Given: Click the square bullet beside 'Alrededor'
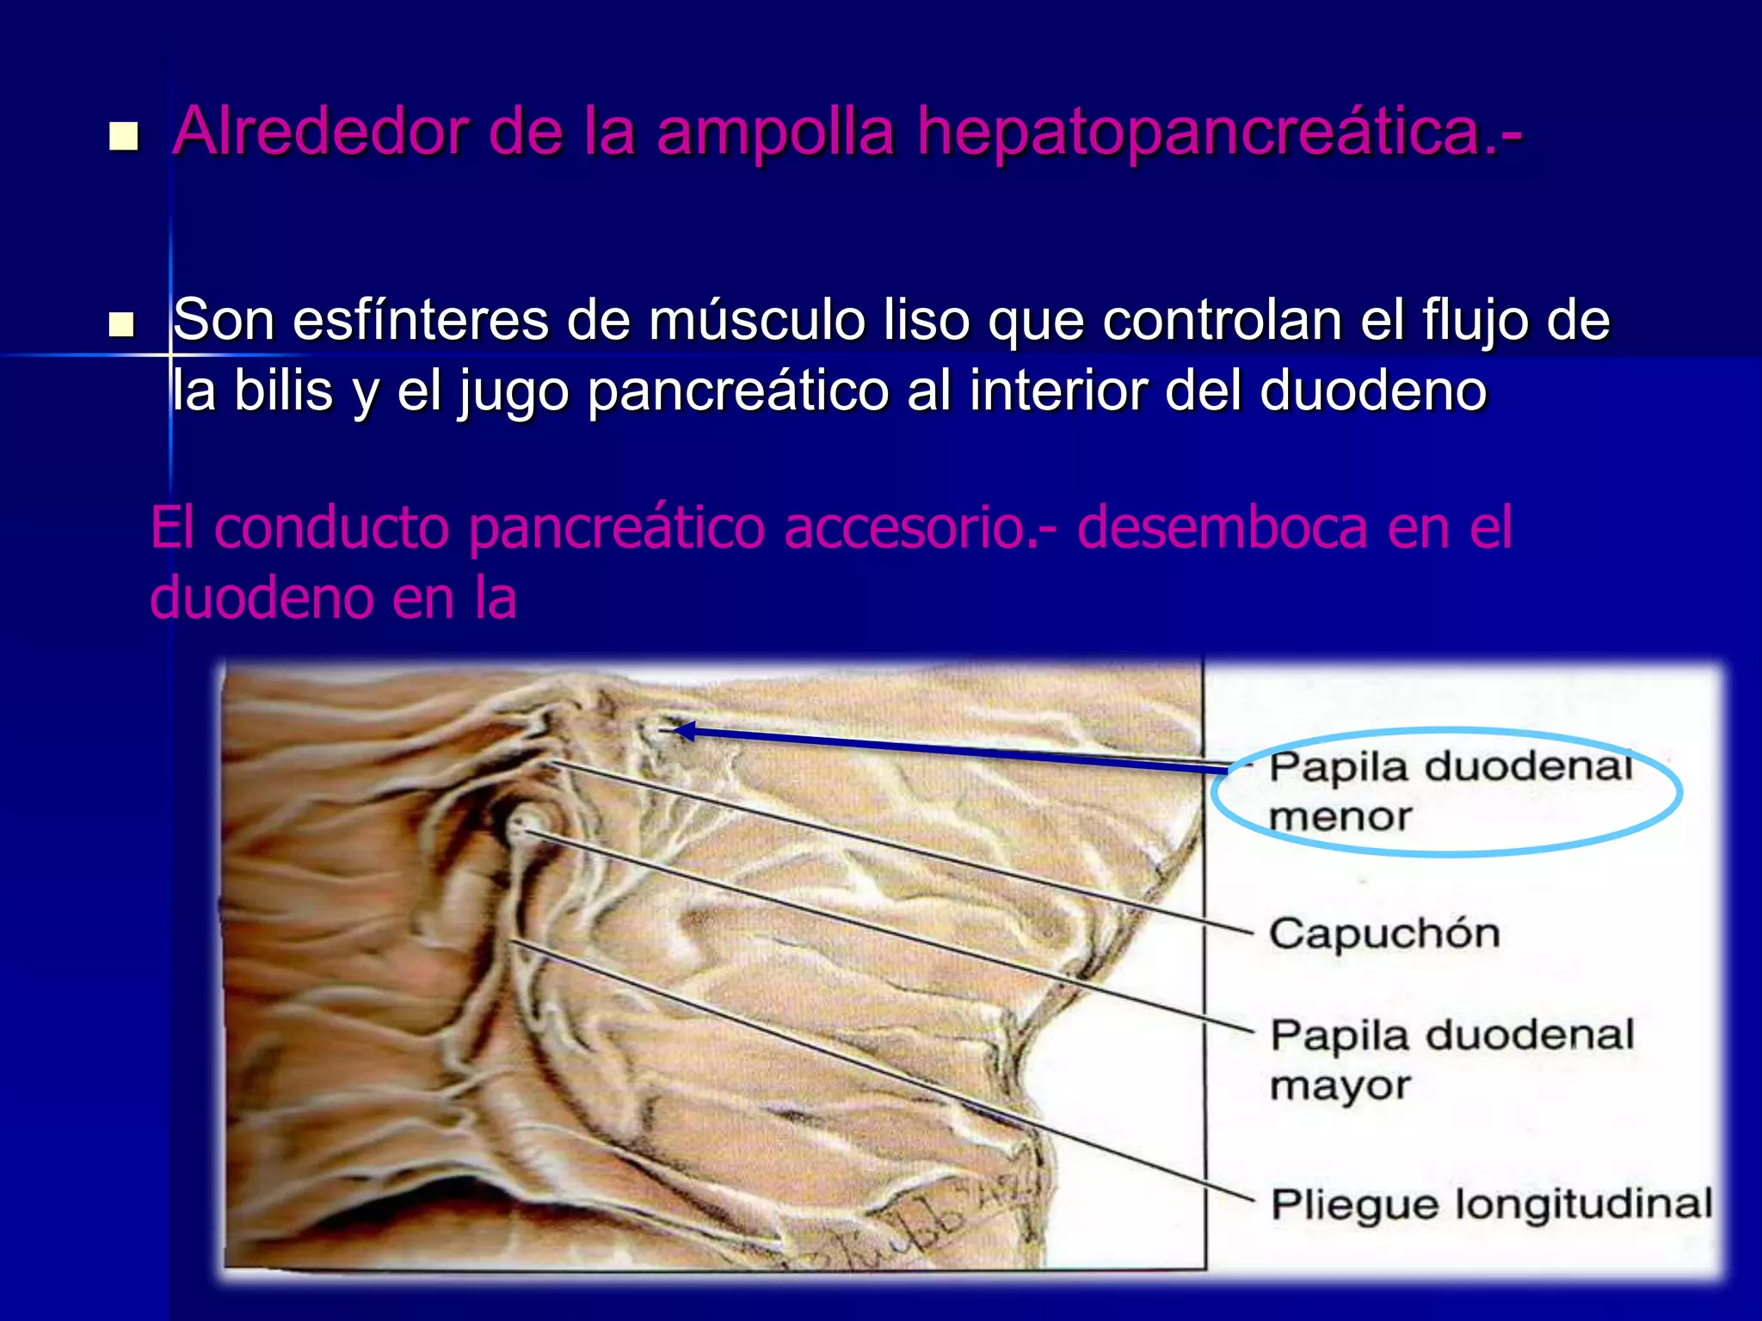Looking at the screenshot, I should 124,136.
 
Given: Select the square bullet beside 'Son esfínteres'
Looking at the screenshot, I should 122,324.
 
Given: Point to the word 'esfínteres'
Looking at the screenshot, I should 420,320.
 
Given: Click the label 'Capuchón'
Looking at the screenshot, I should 1384,933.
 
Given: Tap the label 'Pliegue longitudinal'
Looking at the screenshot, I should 1492,1203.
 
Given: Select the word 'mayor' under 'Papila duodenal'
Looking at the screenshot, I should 1340,1085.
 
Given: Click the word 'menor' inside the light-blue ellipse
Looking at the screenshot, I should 1340,816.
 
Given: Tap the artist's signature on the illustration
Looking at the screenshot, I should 938,1221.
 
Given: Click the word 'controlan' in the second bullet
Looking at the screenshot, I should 1222,320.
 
